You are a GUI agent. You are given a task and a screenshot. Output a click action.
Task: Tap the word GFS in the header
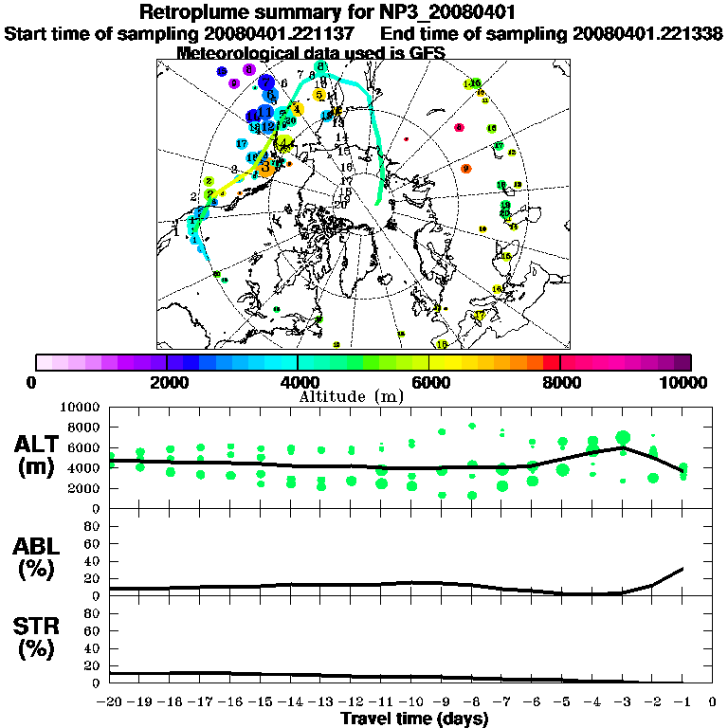click(x=426, y=53)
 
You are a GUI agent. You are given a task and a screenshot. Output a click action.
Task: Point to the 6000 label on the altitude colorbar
click(x=428, y=382)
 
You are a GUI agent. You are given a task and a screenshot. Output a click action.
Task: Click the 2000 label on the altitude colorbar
click(x=167, y=382)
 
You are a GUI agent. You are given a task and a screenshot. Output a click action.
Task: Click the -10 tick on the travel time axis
click(x=410, y=702)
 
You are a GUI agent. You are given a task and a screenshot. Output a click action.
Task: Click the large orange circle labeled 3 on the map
click(x=266, y=168)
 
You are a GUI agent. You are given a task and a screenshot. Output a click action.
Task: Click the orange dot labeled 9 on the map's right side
click(x=465, y=169)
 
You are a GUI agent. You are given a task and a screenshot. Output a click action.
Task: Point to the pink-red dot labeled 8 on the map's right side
click(x=459, y=127)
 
